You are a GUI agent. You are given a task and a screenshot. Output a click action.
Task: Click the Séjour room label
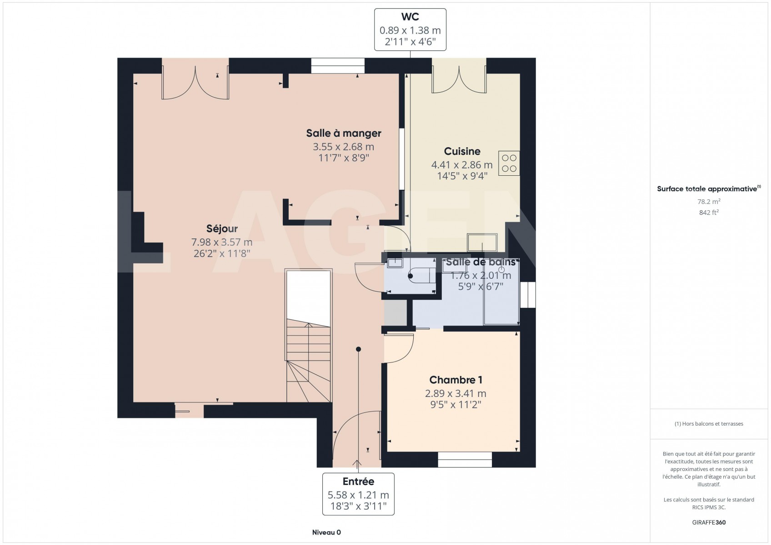tap(222, 228)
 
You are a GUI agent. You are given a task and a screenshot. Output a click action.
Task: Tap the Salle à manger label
tap(344, 133)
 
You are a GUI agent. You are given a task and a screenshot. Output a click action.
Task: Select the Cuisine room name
tap(462, 151)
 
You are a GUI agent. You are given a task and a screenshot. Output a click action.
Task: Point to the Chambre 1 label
tap(456, 380)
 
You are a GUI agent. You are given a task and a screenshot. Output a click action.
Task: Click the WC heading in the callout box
tap(410, 17)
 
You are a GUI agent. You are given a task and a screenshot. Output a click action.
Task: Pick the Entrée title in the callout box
tap(358, 481)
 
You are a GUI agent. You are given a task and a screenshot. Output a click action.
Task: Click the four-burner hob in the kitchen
tap(509, 163)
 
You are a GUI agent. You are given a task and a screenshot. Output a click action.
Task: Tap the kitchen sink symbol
tap(482, 243)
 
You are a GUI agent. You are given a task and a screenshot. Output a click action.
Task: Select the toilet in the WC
tap(422, 275)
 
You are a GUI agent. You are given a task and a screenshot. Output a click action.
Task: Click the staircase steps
tap(309, 361)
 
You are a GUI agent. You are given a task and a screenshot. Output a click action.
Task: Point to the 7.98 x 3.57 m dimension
tap(222, 242)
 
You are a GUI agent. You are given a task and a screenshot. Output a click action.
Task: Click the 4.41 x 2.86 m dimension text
tap(462, 165)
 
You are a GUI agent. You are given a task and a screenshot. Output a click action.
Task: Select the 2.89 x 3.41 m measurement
tap(456, 393)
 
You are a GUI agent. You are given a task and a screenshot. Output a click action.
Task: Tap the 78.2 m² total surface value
tap(709, 202)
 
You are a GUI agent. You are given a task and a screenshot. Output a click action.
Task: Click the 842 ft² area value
tap(709, 213)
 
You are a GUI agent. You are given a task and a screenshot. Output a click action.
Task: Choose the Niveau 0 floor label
tap(326, 532)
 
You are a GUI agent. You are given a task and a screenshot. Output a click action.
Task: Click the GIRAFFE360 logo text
tap(709, 522)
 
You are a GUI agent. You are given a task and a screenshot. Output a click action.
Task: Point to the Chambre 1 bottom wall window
tap(465, 460)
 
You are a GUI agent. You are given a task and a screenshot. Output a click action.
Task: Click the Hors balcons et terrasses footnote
tap(709, 424)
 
